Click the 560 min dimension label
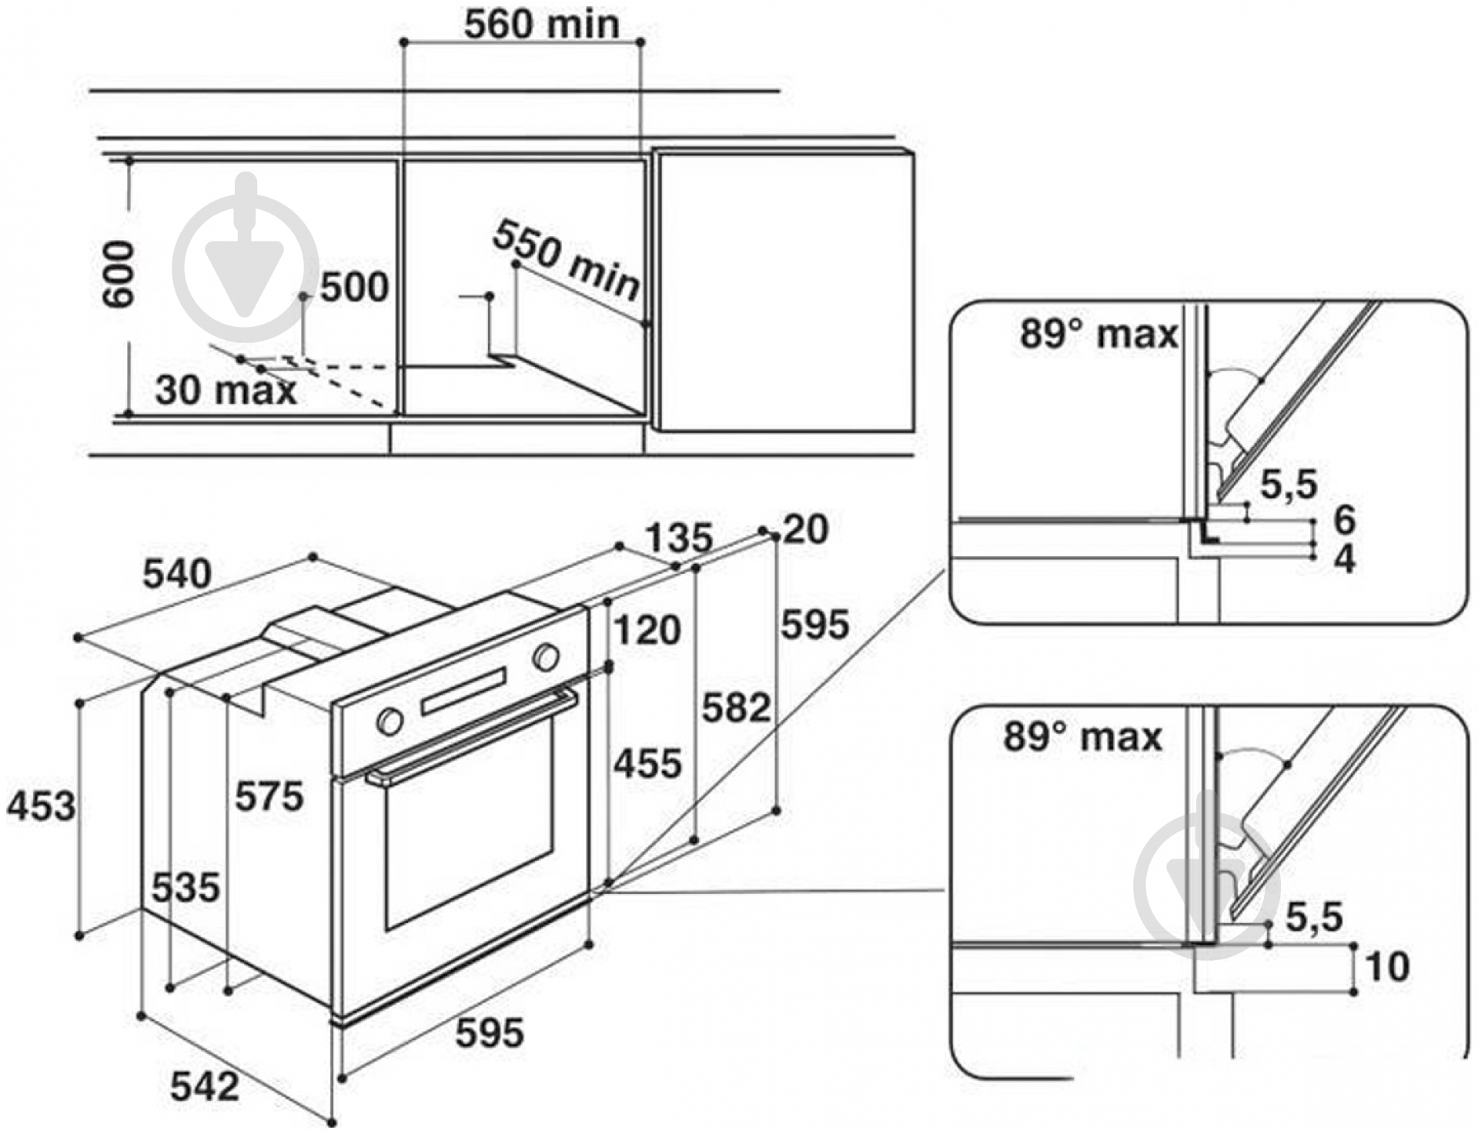(541, 25)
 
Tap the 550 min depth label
(567, 259)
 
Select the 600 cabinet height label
(119, 273)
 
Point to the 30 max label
(225, 390)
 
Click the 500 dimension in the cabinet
(354, 288)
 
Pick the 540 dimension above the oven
(177, 574)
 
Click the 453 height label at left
(42, 806)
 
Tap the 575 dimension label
(269, 795)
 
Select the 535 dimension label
(186, 888)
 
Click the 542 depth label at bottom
(205, 1086)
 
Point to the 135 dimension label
(678, 538)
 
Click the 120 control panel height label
(647, 630)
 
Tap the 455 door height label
(647, 764)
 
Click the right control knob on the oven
(546, 657)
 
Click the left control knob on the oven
(390, 722)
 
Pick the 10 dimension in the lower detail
(1387, 966)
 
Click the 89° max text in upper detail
(1098, 334)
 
